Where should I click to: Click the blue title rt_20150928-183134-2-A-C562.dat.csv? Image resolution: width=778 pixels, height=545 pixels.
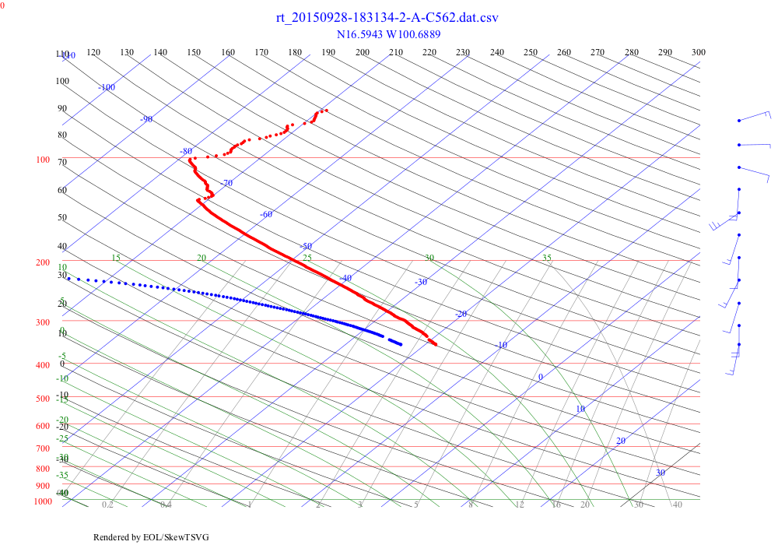coord(387,18)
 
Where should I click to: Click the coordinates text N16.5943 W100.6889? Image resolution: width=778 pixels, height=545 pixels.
coord(387,34)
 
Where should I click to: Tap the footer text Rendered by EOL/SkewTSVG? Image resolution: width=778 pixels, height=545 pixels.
coord(151,537)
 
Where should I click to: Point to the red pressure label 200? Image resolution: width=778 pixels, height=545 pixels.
coord(43,263)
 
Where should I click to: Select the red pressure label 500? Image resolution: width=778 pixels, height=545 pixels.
coord(43,399)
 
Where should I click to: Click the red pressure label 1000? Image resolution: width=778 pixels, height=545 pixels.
coord(43,501)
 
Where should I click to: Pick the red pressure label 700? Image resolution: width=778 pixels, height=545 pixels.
coord(43,448)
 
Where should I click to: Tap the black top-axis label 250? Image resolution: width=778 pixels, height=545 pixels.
coord(531,52)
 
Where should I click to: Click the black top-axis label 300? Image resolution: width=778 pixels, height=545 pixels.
coord(699,52)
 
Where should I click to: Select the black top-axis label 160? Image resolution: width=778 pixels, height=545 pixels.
coord(228,52)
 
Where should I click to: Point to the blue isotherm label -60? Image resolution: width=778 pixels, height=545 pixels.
coord(266,214)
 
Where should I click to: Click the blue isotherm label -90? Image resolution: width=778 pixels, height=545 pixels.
coord(146,119)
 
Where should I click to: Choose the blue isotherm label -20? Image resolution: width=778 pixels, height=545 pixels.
coord(461,314)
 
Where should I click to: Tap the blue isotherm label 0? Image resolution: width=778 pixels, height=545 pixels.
coord(541,378)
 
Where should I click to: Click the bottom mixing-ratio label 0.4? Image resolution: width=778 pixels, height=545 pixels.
coord(166,505)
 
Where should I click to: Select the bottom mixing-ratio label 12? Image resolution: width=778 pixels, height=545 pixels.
coord(519,505)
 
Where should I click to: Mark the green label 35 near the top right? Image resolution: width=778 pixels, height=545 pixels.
coord(546,258)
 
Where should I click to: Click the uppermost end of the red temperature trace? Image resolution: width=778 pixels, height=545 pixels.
coord(326,111)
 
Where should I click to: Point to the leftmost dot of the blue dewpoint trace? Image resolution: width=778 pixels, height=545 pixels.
coord(68,278)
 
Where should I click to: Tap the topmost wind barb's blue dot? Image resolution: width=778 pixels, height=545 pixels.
coord(738,121)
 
